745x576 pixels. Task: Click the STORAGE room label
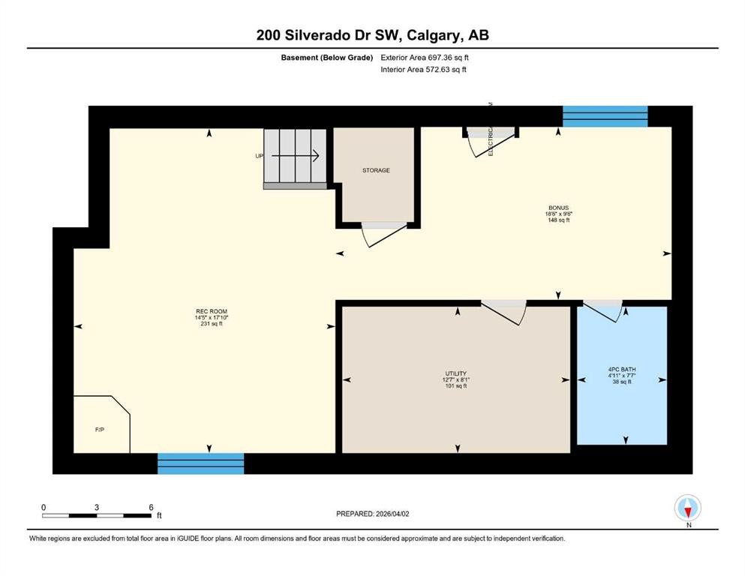[x=376, y=170]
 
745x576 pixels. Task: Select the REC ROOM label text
[x=211, y=311]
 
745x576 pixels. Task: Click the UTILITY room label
[x=456, y=373]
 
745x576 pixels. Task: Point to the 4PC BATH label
[x=621, y=369]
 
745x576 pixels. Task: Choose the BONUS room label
[x=558, y=208]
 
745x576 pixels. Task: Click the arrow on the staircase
[x=296, y=156]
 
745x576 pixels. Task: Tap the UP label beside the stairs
[x=260, y=157]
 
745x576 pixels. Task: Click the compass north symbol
[x=688, y=508]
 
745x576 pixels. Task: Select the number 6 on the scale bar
[x=152, y=507]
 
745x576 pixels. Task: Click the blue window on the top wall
[x=605, y=115]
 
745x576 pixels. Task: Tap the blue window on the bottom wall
[x=200, y=463]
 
